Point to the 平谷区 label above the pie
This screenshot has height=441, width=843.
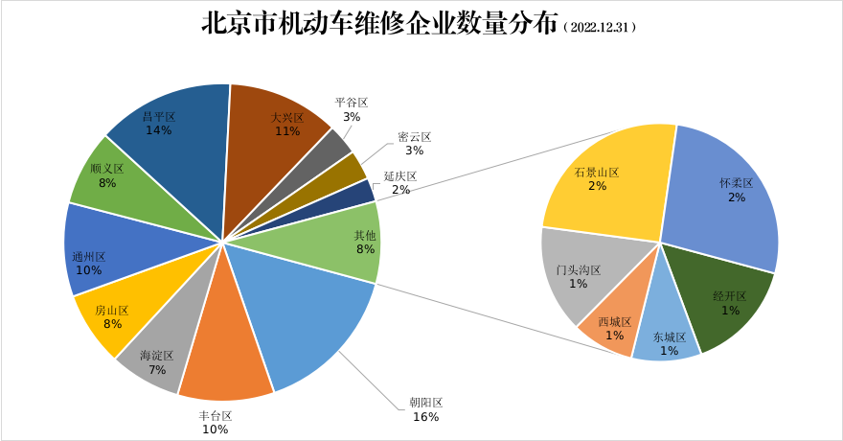coord(352,103)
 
